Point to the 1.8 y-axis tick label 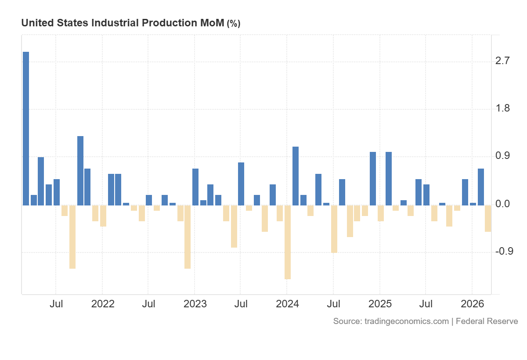502,108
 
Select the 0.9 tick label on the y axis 502,156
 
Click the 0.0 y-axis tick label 502,204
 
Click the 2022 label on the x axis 103,304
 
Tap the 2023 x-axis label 195,304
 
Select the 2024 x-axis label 287,304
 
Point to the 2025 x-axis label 380,304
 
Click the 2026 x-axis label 472,304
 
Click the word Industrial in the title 116,23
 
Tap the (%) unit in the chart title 233,24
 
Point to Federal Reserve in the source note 487,321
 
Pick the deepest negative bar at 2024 288,242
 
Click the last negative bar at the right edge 488,218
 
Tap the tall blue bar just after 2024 296,176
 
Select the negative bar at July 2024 334,229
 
